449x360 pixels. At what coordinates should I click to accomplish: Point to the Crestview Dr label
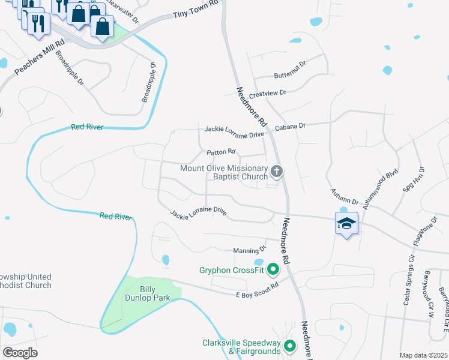[x=270, y=93]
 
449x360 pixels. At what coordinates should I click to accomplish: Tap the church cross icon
[x=276, y=172]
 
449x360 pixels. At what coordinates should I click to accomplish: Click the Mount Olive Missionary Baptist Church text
[x=224, y=172]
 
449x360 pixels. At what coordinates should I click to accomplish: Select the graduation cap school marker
[x=346, y=223]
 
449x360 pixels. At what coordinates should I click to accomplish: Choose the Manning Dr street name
[x=249, y=249]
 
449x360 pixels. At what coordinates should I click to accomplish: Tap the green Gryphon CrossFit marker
[x=273, y=270]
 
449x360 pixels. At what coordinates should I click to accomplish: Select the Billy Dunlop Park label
[x=148, y=292]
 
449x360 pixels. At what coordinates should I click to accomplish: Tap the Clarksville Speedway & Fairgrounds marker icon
[x=290, y=346]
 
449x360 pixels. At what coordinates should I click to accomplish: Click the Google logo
[x=20, y=353]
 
